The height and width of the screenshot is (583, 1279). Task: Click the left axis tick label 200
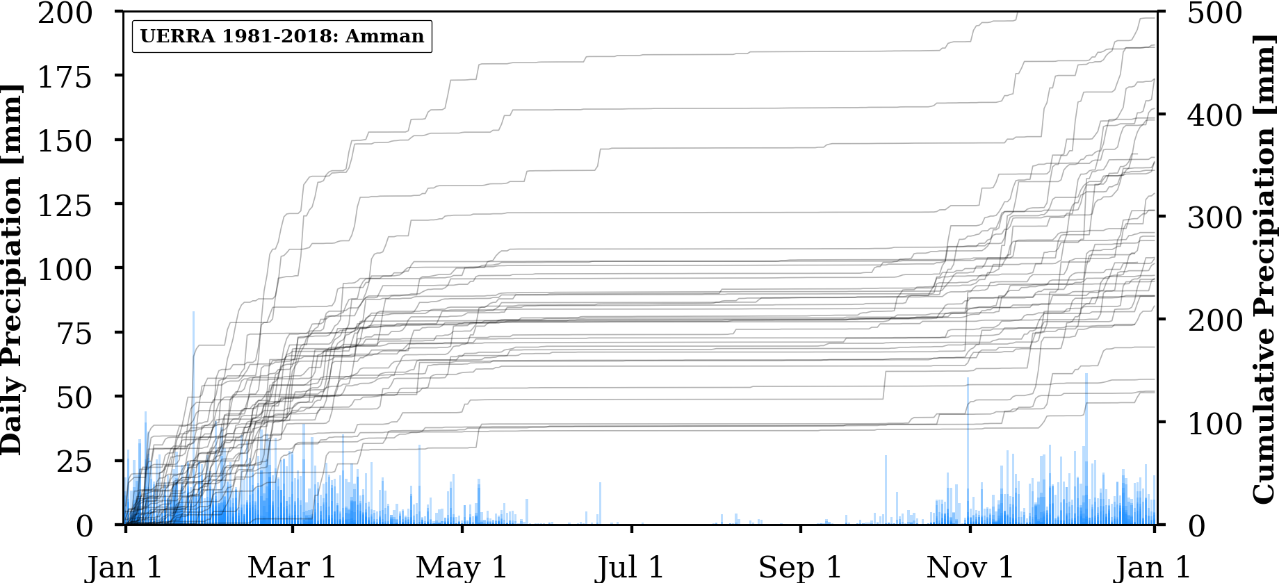click(65, 13)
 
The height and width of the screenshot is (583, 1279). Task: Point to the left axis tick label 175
click(65, 77)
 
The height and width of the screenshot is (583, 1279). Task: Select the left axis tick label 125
click(65, 206)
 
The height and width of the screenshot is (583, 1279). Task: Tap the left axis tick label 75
click(74, 334)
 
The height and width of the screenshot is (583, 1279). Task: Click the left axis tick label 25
click(74, 462)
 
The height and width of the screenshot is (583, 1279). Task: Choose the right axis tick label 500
click(1214, 13)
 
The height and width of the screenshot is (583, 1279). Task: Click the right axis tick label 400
click(1214, 115)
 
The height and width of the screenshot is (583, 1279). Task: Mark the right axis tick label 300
click(1214, 218)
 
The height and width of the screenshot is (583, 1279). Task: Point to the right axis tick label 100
click(1214, 423)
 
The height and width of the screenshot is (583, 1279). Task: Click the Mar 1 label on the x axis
click(292, 567)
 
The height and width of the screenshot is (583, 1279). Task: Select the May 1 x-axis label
click(462, 567)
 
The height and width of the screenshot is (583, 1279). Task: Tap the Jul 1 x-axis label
click(630, 567)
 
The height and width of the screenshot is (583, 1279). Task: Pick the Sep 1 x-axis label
click(800, 567)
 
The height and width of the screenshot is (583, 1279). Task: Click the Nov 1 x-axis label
click(970, 567)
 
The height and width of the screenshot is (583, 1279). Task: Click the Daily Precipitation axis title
click(12, 270)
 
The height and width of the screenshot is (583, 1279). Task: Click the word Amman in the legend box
click(384, 36)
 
